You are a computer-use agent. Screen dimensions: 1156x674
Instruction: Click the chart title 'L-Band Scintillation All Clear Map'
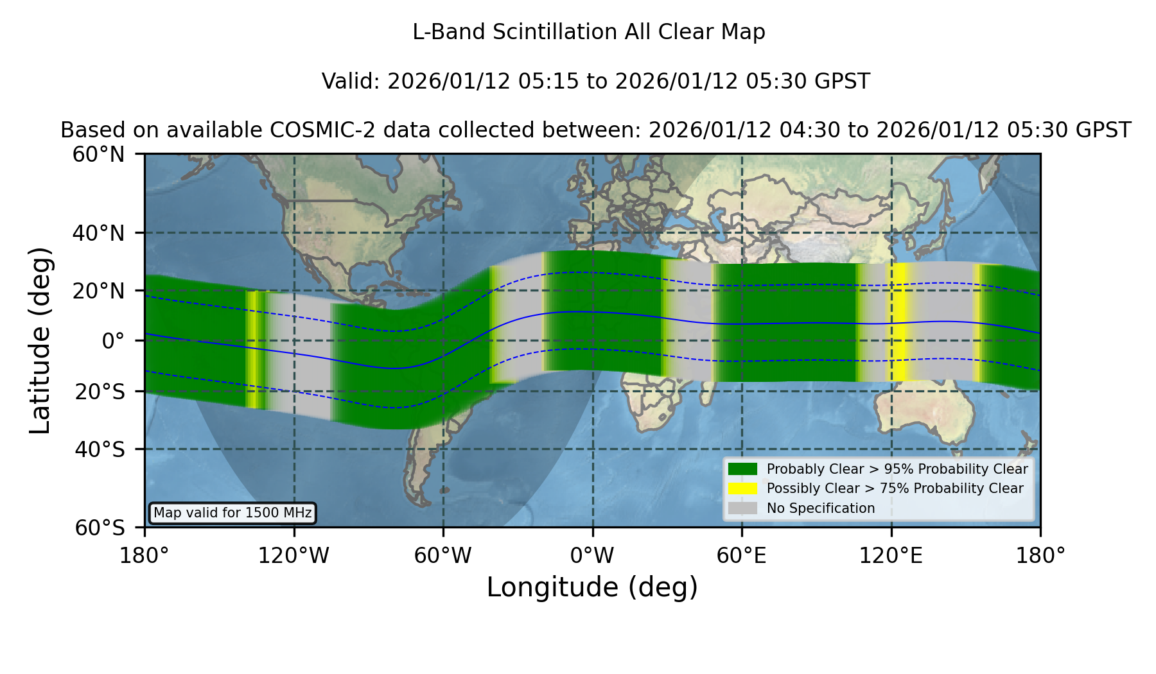[588, 32]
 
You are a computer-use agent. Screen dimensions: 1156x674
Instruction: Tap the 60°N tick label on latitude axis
[99, 155]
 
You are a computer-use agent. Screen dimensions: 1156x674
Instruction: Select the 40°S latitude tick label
[100, 449]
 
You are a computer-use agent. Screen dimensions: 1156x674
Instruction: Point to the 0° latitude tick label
[113, 341]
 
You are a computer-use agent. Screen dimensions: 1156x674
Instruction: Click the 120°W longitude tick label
[293, 556]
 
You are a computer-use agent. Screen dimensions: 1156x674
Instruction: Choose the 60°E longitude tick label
[742, 556]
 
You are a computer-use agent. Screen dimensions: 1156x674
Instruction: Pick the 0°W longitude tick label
[593, 556]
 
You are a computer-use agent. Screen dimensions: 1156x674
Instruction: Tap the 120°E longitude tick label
[891, 556]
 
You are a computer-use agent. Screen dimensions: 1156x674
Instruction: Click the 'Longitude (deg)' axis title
[592, 587]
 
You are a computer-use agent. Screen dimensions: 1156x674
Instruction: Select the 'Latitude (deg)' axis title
[40, 340]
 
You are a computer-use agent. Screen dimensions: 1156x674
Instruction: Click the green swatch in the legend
[742, 469]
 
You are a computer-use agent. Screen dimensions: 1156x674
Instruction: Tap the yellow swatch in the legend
[742, 488]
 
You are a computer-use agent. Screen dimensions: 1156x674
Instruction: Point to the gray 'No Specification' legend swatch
[742, 508]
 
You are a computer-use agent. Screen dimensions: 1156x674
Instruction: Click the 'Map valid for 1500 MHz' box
[232, 513]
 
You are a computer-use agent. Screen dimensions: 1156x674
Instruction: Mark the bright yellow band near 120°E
[898, 322]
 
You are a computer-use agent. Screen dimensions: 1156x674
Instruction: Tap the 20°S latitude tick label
[100, 392]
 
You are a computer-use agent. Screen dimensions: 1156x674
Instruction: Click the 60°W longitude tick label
[443, 556]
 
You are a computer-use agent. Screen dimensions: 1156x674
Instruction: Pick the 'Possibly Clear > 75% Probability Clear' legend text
[895, 488]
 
